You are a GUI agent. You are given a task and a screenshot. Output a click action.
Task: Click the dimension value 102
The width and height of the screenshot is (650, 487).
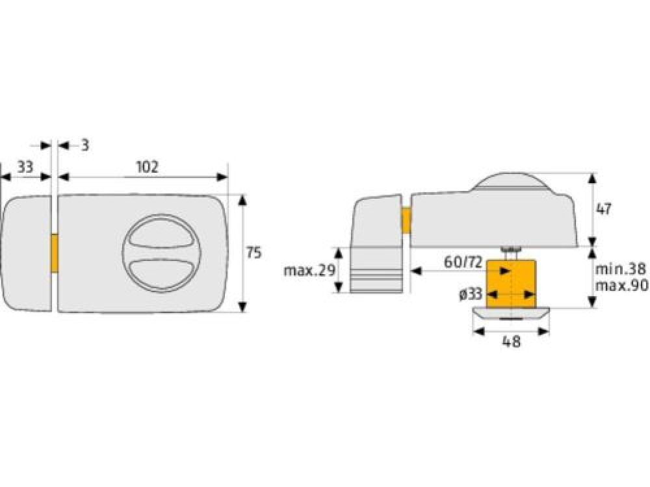pos(147,167)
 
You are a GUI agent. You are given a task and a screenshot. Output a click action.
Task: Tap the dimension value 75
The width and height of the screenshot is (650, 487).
pos(253,252)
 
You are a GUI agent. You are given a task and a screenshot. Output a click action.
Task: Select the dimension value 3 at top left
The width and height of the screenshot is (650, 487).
pos(84,145)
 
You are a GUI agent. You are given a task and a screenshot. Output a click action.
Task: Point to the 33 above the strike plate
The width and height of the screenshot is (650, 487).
pos(25,167)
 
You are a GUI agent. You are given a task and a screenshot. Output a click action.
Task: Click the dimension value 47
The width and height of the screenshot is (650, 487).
pos(603,209)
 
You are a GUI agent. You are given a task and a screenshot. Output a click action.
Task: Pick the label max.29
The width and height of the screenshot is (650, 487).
pos(309,271)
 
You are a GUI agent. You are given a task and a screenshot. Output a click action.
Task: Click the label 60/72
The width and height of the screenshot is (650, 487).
pos(463,262)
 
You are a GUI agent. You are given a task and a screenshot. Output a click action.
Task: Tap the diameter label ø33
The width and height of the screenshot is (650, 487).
pos(471,294)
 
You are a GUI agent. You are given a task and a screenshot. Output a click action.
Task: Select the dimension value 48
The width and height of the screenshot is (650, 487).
pos(511,342)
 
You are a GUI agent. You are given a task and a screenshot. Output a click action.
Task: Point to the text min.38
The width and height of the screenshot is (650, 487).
pos(621,269)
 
